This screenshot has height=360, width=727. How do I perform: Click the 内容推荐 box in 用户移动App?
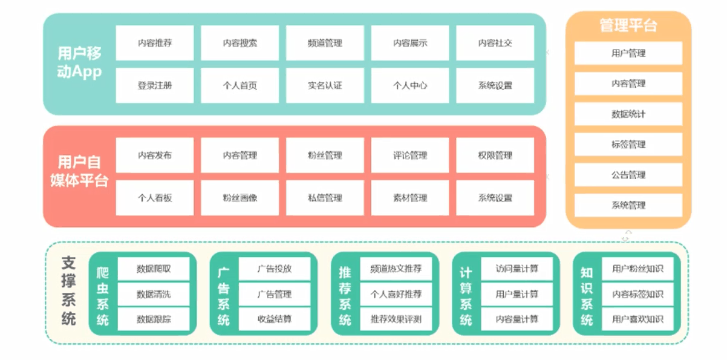coord(155,43)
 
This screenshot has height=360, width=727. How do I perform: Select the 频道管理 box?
coord(325,43)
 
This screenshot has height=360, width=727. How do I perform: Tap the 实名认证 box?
coord(325,85)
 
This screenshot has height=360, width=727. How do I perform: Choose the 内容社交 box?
coord(495,43)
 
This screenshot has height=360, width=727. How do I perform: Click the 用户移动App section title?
coord(80,63)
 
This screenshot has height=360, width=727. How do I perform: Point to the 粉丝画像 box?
coord(240,198)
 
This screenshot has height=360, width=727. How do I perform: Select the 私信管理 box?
coord(325,198)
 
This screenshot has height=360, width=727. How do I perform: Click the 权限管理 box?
coord(495,155)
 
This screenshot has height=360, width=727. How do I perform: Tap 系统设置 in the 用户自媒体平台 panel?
coord(495,198)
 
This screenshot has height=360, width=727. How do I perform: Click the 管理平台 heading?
coord(628,26)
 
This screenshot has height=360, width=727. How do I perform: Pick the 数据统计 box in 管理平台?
coord(628,114)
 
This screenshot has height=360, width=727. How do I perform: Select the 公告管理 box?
coord(628,175)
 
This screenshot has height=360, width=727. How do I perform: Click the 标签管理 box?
coord(628,145)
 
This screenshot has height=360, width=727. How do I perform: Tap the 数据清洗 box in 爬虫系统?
coord(154,294)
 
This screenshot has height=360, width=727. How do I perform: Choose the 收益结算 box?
coord(275,319)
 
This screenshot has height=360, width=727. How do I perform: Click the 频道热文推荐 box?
coord(396,269)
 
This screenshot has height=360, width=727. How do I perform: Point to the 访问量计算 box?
coord(517,269)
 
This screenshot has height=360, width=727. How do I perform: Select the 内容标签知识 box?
coord(637,294)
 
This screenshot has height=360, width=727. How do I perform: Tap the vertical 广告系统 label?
coord(224,294)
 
